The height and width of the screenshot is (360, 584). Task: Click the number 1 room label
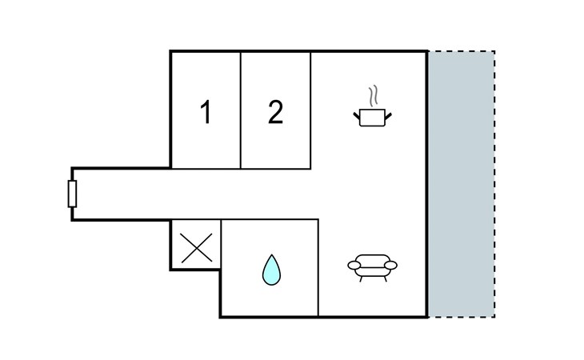tap(206, 113)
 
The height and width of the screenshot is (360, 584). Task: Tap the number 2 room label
tap(275, 113)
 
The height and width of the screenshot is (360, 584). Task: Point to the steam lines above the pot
tap(372, 97)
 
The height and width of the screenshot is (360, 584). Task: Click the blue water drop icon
tap(272, 270)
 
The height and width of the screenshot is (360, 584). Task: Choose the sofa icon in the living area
tap(372, 267)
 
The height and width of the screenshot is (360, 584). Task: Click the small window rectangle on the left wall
tap(72, 194)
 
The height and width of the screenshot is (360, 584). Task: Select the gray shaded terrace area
tap(461, 184)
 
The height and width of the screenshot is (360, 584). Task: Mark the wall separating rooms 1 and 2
tap(241, 110)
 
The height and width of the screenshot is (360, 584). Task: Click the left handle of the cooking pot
tap(357, 118)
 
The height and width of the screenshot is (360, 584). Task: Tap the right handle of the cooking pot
tap(389, 118)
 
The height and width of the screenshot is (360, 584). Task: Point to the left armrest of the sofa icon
tap(353, 265)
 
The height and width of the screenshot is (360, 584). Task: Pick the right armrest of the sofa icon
tap(391, 265)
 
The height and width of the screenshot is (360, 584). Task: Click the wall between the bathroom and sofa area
tap(318, 268)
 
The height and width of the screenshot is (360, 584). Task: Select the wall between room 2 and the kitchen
tap(310, 110)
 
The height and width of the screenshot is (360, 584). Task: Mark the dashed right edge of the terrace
tap(494, 184)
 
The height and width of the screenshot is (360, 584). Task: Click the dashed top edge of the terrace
tap(461, 52)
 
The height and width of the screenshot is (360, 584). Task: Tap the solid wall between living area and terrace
tap(427, 184)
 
